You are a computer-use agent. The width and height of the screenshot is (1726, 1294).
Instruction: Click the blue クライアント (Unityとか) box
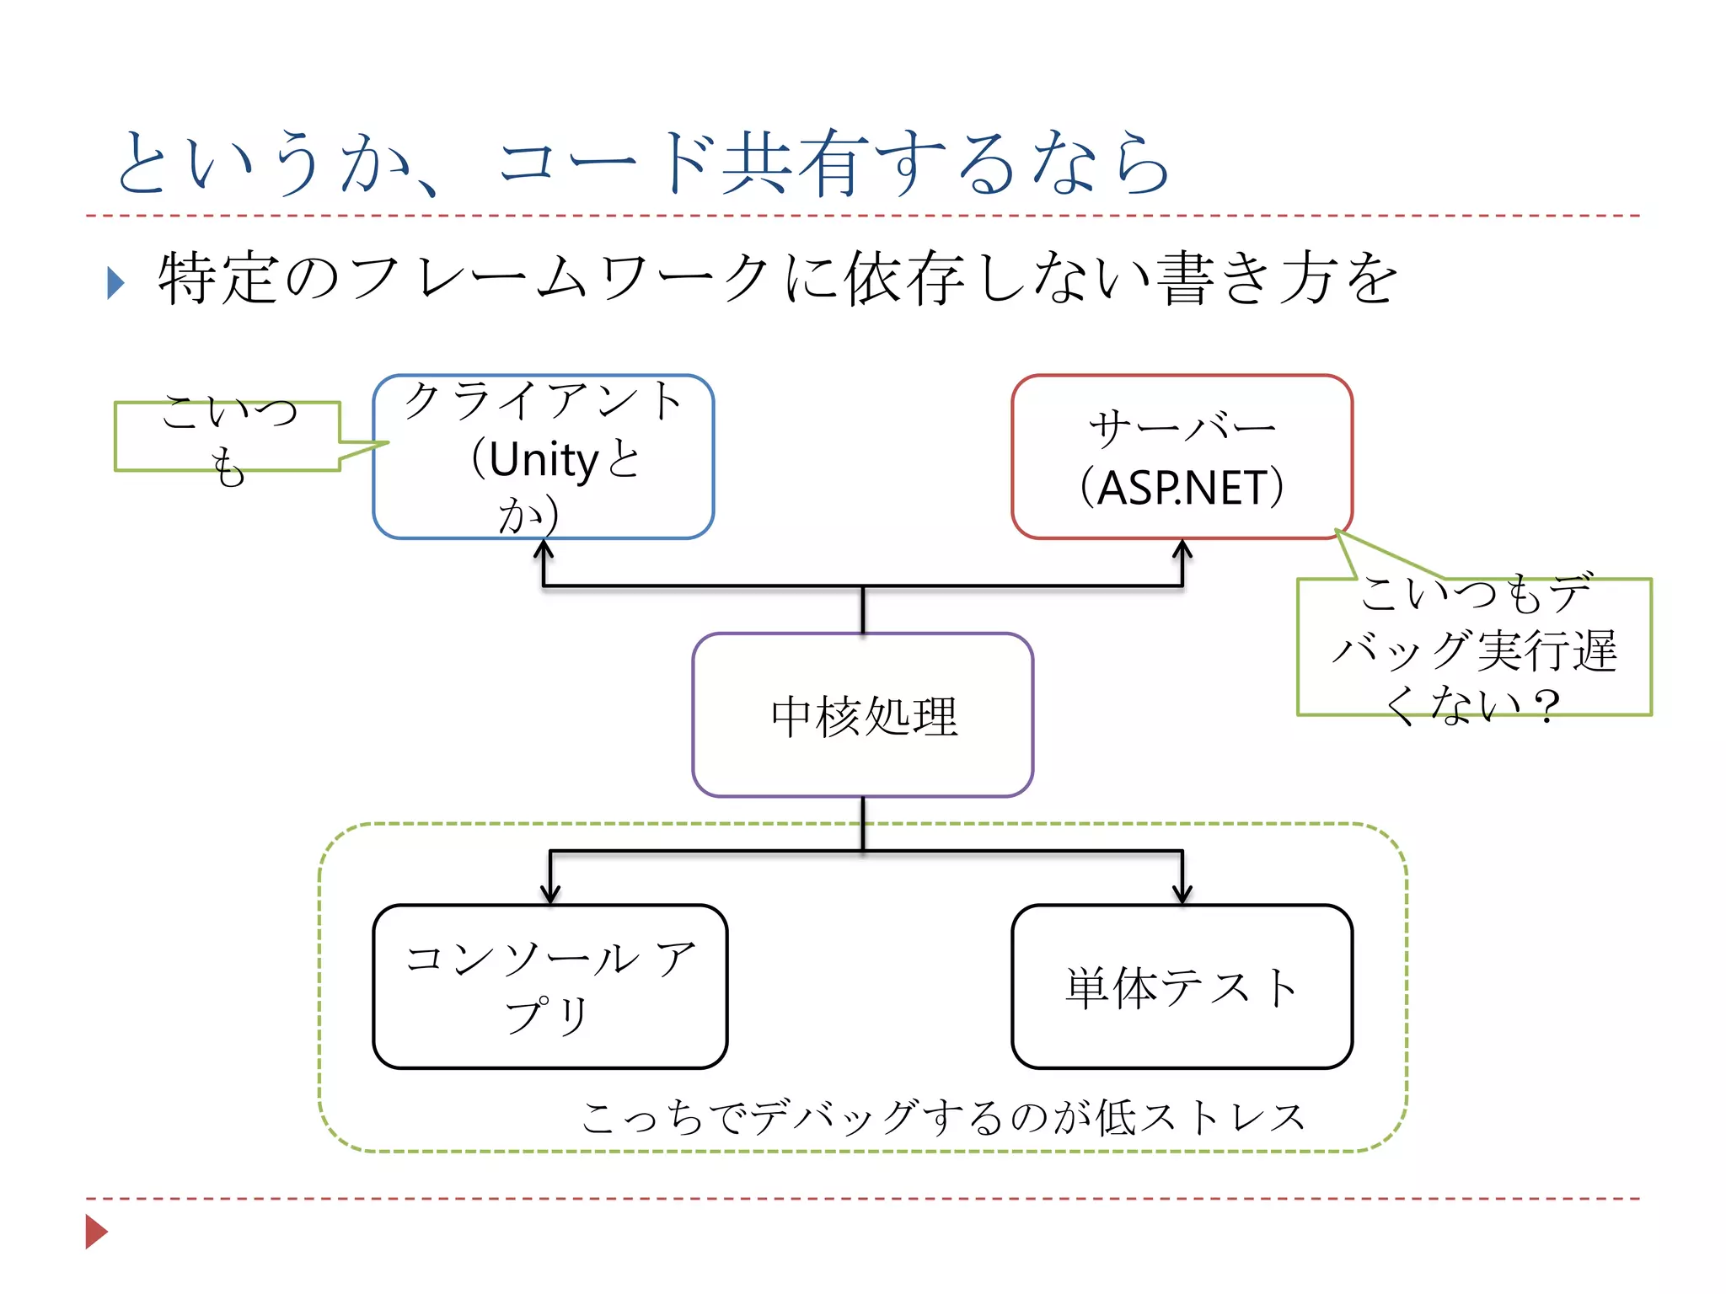click(543, 457)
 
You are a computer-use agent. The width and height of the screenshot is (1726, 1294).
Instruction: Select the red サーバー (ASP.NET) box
click(1182, 457)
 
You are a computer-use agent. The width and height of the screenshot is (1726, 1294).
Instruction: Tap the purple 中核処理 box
click(862, 715)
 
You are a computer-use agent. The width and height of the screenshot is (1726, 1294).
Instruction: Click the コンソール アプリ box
click(549, 987)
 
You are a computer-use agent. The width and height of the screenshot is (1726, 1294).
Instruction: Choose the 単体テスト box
click(1182, 987)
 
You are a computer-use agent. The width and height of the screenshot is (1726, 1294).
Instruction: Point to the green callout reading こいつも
click(228, 437)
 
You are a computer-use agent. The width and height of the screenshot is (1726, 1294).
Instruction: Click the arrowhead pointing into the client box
click(544, 548)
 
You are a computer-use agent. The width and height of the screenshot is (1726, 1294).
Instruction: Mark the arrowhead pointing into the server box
click(1182, 548)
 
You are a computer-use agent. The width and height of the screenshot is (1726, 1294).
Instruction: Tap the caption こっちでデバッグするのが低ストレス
click(944, 1117)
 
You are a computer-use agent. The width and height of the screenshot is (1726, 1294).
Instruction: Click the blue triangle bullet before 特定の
click(115, 283)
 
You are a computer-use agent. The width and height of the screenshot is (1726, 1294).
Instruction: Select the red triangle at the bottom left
click(96, 1232)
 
